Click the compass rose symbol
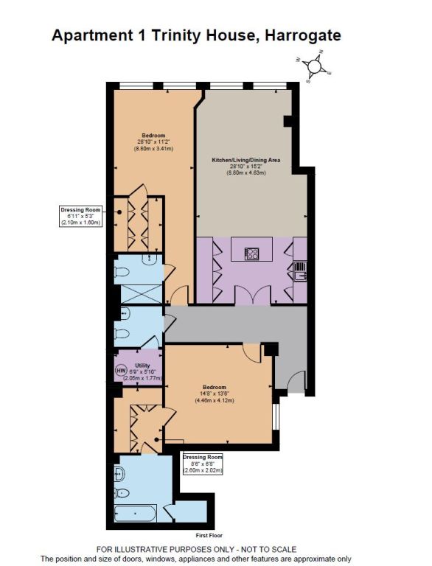tap(314, 66)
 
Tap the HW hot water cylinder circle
tap(121, 371)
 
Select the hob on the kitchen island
tap(252, 254)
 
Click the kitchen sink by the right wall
tap(300, 271)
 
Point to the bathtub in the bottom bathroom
tap(136, 513)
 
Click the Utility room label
tap(142, 366)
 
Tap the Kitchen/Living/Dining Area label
tap(246, 160)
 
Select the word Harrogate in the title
tap(303, 35)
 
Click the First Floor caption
tap(209, 535)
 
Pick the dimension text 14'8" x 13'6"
tap(215, 394)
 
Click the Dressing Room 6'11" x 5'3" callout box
tap(80, 216)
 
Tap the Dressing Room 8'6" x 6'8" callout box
tap(203, 464)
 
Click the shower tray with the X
tap(142, 294)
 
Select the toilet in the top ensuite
tap(122, 272)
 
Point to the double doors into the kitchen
tap(253, 294)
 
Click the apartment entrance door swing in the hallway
tap(297, 381)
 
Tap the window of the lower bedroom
tap(276, 416)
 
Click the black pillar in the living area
tap(288, 122)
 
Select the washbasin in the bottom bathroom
tap(119, 473)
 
